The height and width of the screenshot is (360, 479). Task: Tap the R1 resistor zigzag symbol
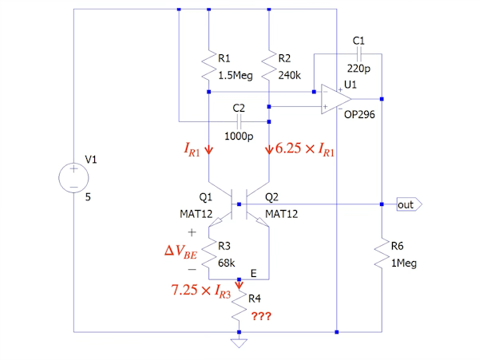tap(209, 65)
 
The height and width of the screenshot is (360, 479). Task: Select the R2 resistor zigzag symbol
tap(269, 65)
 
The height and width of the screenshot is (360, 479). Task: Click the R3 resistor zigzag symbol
tap(209, 254)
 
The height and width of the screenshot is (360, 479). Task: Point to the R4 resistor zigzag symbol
tap(239, 306)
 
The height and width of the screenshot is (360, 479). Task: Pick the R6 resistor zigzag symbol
tap(382, 253)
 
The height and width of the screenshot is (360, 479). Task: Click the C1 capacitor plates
tap(359, 54)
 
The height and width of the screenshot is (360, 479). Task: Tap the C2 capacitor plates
tap(239, 122)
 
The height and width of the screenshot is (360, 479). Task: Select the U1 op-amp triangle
tap(336, 99)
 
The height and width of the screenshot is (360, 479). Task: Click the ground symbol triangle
tap(239, 343)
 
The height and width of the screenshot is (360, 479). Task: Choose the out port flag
tap(410, 204)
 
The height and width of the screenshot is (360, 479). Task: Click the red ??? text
tap(261, 316)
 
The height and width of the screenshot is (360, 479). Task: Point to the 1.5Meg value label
tap(236, 75)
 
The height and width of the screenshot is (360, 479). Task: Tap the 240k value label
tap(289, 75)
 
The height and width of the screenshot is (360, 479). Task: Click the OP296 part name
tap(359, 114)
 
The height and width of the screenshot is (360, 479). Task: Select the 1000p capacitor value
tap(239, 136)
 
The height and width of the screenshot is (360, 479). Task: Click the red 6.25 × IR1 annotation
tap(305, 149)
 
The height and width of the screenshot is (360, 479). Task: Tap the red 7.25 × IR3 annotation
tap(201, 291)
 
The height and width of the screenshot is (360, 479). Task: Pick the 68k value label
tap(227, 263)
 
